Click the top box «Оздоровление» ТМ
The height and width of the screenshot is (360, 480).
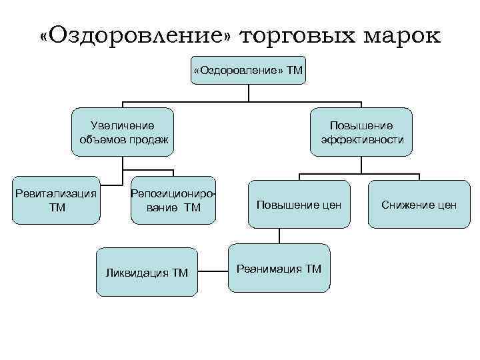tap(248, 70)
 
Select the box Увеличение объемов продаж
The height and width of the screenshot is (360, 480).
tap(123, 132)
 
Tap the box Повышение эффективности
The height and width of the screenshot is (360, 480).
tap(362, 132)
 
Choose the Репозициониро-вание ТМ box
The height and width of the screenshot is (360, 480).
tap(174, 200)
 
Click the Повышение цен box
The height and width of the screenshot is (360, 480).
tap(299, 204)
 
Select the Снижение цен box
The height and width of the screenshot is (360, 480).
tap(419, 204)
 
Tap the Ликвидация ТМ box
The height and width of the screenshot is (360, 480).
tap(147, 272)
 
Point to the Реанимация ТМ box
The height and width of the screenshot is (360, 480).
tap(279, 268)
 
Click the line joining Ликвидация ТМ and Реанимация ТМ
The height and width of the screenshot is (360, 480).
tap(213, 271)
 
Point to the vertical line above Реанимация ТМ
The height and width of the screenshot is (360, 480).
tap(279, 236)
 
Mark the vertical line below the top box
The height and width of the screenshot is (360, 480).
tap(249, 93)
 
